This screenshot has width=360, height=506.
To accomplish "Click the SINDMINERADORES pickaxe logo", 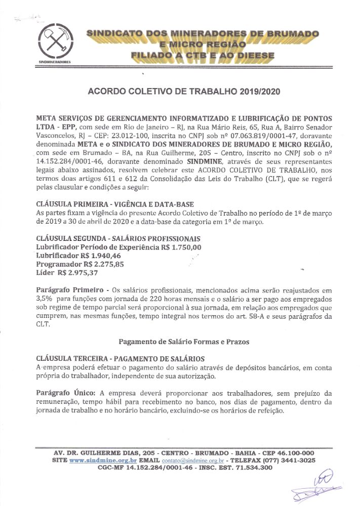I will click(55, 43).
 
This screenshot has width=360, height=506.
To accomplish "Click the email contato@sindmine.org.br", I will click(193, 461).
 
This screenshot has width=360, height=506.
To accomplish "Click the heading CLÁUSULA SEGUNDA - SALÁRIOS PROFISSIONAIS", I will click(118, 238).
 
